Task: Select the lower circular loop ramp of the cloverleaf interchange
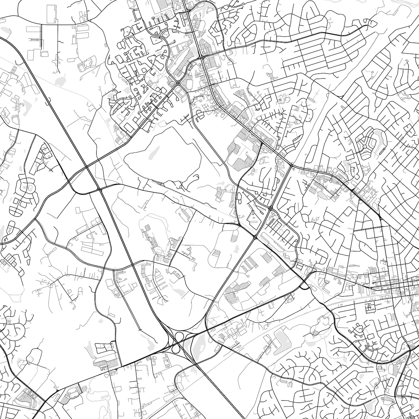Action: click(x=176, y=347)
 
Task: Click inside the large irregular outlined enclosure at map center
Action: click(x=162, y=158)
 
